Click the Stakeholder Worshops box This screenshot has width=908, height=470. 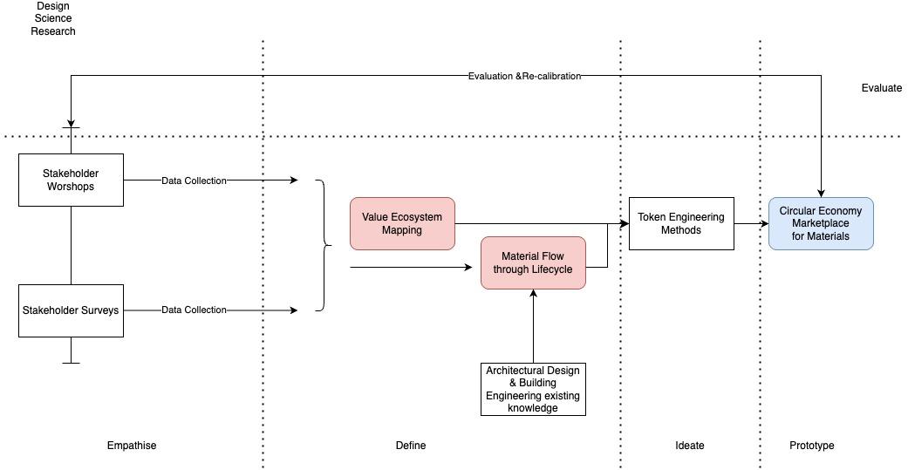pos(71,181)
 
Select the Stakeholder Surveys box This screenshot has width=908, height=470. pos(71,310)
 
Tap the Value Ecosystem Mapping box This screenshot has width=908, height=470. pos(402,224)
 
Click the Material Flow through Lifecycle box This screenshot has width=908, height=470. pos(533,262)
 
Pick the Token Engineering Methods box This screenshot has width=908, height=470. pos(681,224)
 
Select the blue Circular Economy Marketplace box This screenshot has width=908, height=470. pos(820,224)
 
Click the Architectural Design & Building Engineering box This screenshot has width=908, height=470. pos(533,389)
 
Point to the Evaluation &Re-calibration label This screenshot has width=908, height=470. pos(524,76)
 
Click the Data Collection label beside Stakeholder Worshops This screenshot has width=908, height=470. pos(194,181)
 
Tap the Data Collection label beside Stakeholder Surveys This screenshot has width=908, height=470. pos(194,310)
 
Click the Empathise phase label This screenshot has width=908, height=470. pos(132,446)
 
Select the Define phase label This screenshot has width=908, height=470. pos(411,446)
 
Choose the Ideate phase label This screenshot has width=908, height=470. pos(690,446)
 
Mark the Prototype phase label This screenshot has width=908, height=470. pos(812,446)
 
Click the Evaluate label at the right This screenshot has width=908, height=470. pos(881,88)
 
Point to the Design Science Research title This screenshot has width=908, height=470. pos(53,18)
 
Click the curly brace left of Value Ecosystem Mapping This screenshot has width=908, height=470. pos(324,245)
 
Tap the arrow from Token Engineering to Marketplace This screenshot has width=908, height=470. pos(751,224)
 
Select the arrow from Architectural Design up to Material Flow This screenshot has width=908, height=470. pos(533,327)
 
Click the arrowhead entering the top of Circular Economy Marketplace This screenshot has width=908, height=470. pos(821,193)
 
